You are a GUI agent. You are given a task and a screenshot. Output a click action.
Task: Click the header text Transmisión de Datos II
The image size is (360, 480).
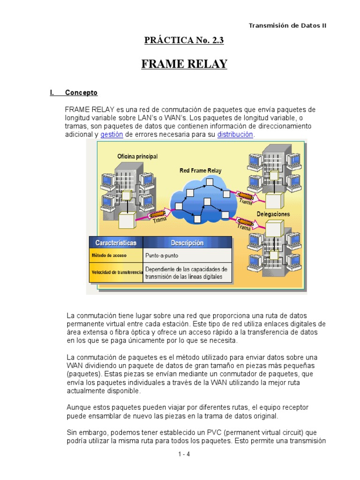tap(287, 25)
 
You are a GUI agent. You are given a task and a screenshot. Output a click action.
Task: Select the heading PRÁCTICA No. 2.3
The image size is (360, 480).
tap(184, 41)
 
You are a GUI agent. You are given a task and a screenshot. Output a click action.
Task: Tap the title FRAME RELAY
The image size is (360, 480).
tap(184, 64)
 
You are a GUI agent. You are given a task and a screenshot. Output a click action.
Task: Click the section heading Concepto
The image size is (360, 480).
tap(81, 93)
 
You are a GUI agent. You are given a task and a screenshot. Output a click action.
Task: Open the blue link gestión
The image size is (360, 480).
tap(112, 135)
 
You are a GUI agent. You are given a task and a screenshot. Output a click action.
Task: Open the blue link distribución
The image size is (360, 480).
tap(235, 135)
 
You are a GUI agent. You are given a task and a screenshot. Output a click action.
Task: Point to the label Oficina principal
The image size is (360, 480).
tap(137, 156)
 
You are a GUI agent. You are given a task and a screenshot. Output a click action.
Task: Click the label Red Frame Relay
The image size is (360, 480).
tap(201, 171)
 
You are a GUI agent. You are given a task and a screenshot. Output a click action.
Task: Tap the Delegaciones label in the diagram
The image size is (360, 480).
tap(273, 214)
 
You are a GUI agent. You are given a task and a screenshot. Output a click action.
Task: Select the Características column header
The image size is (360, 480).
tap(116, 243)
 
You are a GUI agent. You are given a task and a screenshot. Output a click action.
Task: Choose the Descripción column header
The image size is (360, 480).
tap(187, 243)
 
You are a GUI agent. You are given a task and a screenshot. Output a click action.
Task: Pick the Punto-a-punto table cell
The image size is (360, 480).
tap(162, 256)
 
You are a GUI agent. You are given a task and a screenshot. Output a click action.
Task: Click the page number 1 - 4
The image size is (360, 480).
tap(184, 454)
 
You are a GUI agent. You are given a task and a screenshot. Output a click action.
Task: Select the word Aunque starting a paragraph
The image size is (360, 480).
tap(77, 407)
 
